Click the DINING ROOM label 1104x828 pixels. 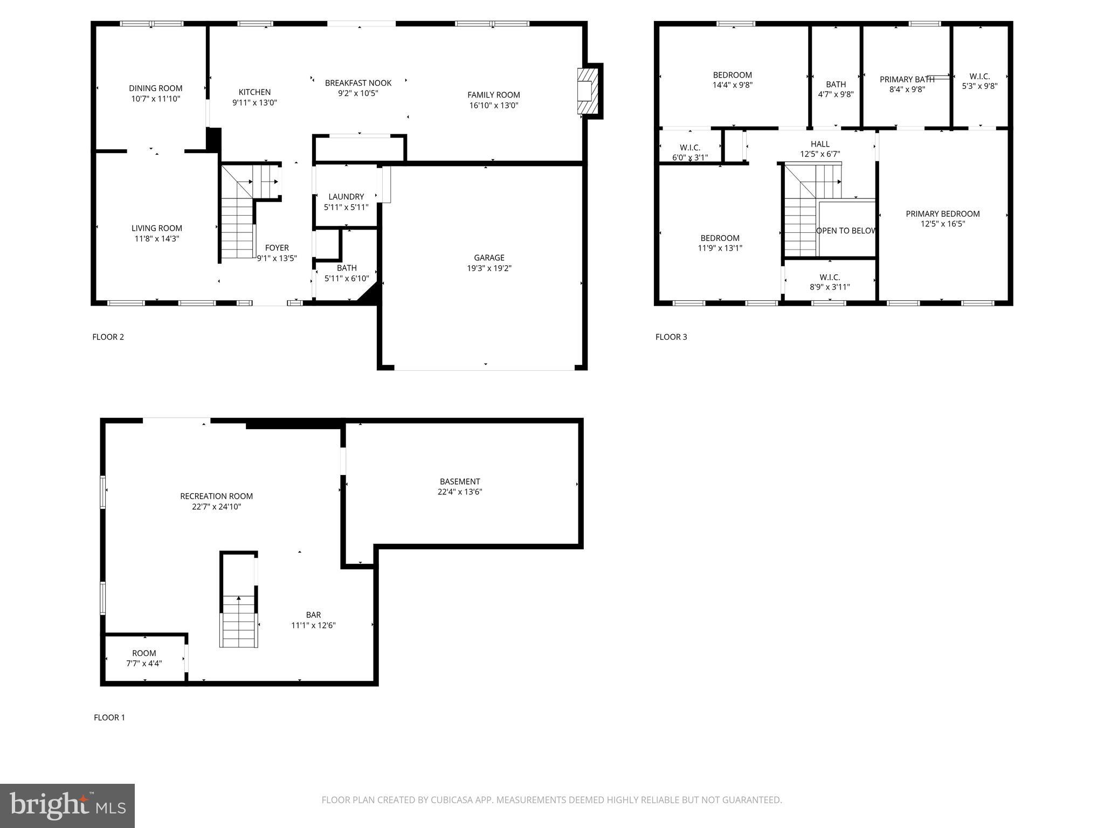pyautogui.click(x=155, y=88)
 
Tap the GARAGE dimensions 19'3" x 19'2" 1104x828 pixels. pyautogui.click(x=489, y=268)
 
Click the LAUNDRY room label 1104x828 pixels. pyautogui.click(x=346, y=197)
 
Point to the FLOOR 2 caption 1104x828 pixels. pyautogui.click(x=108, y=337)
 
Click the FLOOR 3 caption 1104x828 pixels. pyautogui.click(x=671, y=337)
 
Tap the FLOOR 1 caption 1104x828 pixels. pyautogui.click(x=109, y=717)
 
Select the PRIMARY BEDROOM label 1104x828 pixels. pyautogui.click(x=942, y=214)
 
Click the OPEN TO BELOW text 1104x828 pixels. pyautogui.click(x=846, y=231)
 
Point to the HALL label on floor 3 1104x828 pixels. pyautogui.click(x=820, y=144)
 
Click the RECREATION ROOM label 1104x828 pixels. pyautogui.click(x=216, y=496)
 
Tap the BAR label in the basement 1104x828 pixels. pyautogui.click(x=313, y=615)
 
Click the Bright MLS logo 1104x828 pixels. pyautogui.click(x=67, y=806)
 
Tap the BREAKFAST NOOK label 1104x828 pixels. pyautogui.click(x=358, y=83)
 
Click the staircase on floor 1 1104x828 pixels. pyautogui.click(x=238, y=620)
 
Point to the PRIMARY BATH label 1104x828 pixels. pyautogui.click(x=907, y=80)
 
